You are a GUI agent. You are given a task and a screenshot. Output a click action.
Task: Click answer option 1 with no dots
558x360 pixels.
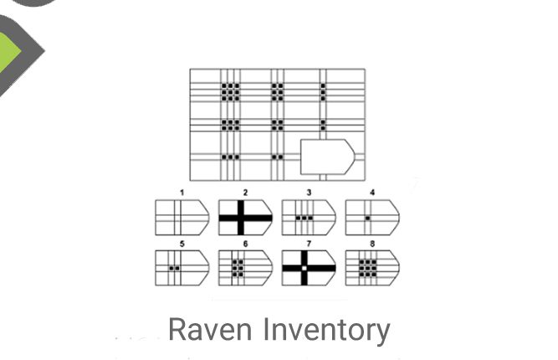tap(182, 218)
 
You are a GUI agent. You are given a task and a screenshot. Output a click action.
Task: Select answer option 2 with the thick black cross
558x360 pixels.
tap(245, 218)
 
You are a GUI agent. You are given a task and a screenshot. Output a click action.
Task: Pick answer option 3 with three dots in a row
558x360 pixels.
tap(309, 218)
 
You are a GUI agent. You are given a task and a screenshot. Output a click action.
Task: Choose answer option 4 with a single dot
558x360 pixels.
tap(372, 218)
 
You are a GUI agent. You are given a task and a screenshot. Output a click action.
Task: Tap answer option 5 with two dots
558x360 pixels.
tap(182, 268)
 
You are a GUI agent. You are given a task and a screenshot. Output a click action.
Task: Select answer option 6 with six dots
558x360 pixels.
tap(245, 268)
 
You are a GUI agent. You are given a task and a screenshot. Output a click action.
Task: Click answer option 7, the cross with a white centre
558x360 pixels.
tap(309, 268)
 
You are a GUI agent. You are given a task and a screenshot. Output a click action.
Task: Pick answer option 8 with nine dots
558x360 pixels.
tap(372, 268)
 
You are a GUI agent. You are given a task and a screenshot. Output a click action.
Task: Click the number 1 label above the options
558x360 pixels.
tap(182, 193)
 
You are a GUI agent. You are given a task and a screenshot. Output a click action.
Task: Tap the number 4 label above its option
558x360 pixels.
tap(372, 193)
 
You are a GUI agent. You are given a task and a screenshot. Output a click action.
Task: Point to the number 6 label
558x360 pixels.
tap(245, 244)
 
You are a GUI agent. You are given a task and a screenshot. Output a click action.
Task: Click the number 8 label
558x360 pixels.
tap(372, 244)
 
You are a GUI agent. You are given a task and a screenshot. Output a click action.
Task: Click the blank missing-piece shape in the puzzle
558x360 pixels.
tap(327, 157)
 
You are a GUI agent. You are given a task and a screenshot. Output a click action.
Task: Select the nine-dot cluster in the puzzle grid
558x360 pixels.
tap(231, 92)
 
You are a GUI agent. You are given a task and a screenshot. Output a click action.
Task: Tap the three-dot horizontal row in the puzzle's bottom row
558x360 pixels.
tap(231, 157)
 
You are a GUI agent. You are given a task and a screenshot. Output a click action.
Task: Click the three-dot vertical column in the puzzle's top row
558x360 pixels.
tap(323, 92)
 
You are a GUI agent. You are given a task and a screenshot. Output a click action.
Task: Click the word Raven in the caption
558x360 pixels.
tap(210, 330)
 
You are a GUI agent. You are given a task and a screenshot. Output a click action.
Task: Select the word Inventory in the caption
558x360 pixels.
tap(327, 332)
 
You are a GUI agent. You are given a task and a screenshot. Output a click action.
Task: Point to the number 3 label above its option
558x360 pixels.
tap(309, 193)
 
